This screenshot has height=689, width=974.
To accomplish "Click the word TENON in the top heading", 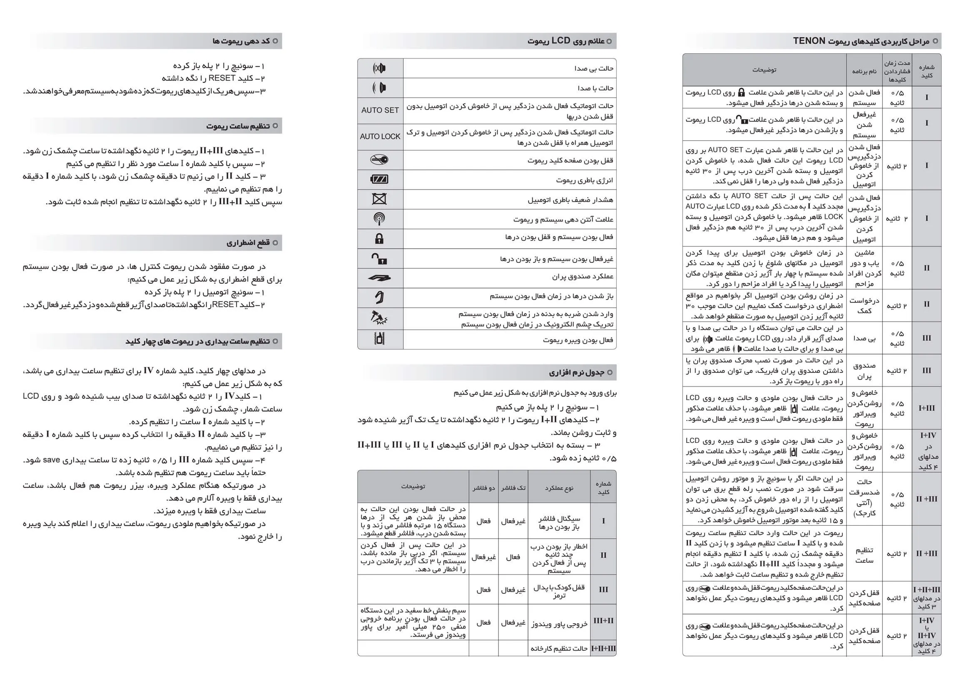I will (x=809, y=41).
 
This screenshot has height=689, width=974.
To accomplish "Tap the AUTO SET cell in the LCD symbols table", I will (x=380, y=110).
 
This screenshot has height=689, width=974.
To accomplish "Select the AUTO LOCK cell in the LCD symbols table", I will (x=380, y=137).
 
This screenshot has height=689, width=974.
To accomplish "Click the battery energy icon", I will (x=379, y=180).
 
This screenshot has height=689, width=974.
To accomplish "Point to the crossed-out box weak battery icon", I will (x=379, y=199).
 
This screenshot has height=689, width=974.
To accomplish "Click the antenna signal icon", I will (x=379, y=219).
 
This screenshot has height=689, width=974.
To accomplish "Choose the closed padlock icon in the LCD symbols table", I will (x=379, y=238).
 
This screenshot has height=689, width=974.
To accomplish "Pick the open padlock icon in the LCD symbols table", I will (x=379, y=258).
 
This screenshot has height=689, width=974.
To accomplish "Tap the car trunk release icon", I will (x=379, y=278).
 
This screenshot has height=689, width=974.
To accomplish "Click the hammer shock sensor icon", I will (x=379, y=318).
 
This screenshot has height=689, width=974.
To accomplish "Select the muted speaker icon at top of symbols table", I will (x=379, y=68).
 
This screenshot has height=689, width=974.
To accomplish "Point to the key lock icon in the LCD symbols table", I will (x=379, y=160).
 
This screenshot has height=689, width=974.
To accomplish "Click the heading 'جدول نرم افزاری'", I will (x=576, y=372).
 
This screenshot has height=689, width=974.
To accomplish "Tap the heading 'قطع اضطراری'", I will (x=248, y=243).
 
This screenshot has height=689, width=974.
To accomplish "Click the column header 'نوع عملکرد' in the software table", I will (x=559, y=488).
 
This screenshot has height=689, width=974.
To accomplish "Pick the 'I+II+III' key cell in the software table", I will (x=603, y=649).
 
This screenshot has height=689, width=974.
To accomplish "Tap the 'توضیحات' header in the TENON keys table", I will (x=765, y=70).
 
